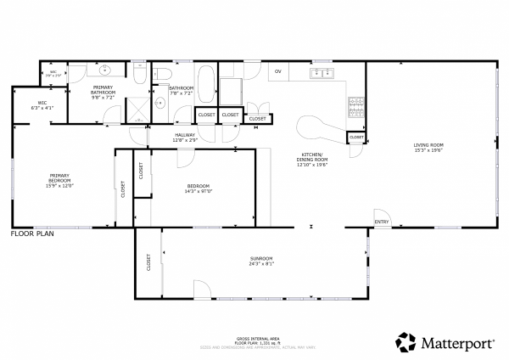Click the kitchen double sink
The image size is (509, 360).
tap(321, 73)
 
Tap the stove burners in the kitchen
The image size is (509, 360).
tap(355, 108)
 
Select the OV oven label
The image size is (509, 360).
tap(277, 71)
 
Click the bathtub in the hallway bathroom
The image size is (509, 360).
tap(206, 83)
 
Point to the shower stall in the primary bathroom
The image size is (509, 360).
tap(137, 107)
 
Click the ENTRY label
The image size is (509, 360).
tap(382, 223)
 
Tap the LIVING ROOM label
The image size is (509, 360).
tap(428, 145)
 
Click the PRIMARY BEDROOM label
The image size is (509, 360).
tap(59, 178)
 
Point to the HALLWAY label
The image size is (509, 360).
tap(186, 135)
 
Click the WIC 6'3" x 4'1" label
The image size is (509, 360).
tap(42, 105)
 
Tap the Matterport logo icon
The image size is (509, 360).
tap(407, 342)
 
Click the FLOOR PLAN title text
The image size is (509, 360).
tap(31, 233)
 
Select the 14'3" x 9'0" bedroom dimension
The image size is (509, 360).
tap(199, 192)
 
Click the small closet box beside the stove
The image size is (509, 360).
tap(356, 137)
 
